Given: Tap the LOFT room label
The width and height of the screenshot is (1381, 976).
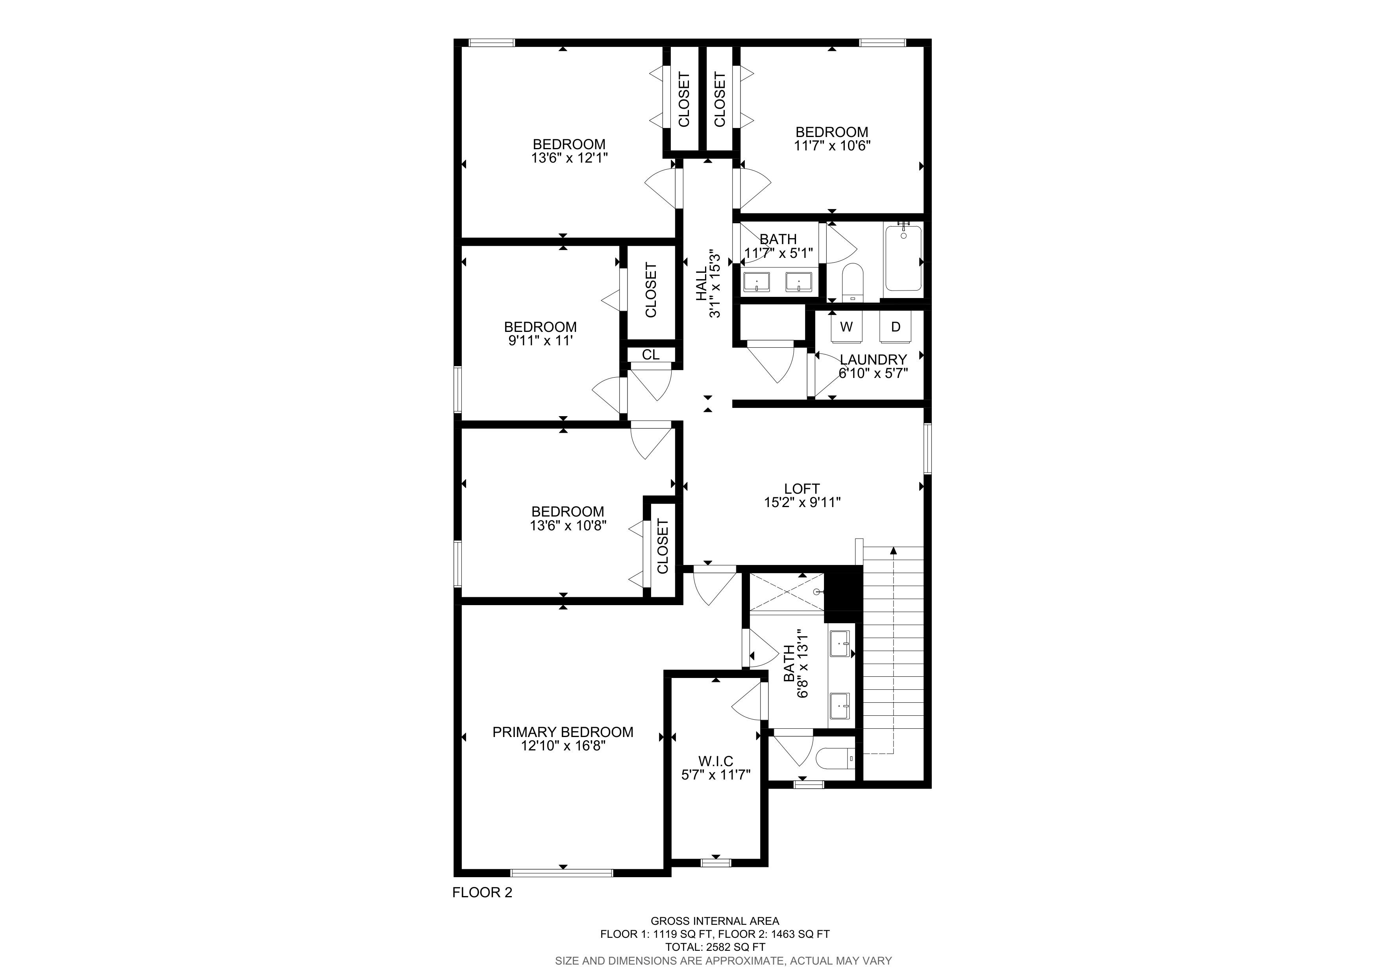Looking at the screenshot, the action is [802, 489].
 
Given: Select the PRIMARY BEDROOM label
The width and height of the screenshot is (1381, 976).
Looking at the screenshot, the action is [563, 732].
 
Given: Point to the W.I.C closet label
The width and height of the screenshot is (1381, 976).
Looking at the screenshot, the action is [716, 761].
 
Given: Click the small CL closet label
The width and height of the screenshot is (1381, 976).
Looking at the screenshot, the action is [651, 355].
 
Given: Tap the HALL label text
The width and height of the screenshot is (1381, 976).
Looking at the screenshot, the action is [702, 284].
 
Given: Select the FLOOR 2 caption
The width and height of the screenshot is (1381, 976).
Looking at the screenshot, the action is [482, 909].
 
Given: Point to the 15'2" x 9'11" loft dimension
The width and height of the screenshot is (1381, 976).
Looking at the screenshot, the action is [802, 503].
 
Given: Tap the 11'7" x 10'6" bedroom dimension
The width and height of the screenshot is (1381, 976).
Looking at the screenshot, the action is [833, 146].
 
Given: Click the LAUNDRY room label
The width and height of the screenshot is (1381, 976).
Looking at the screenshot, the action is [873, 359].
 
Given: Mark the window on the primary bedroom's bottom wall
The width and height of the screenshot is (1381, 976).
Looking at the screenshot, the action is [562, 872].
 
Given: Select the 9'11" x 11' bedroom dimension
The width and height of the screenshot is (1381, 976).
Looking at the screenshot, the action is [540, 341].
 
